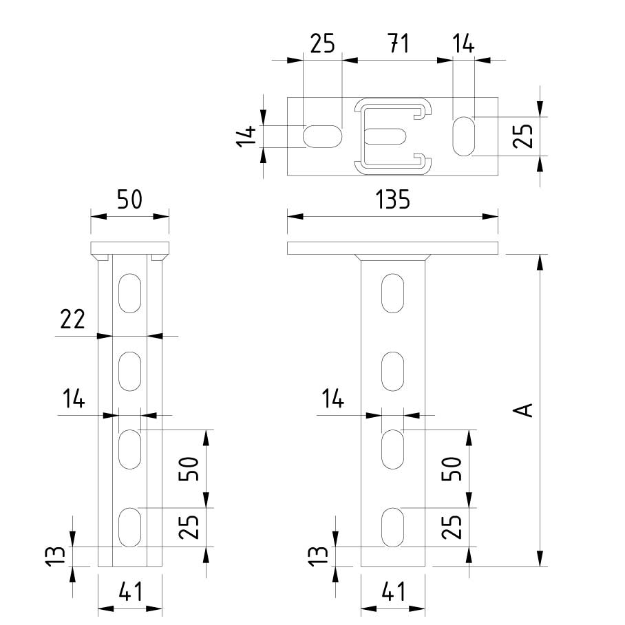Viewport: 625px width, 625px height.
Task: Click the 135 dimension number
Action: coord(392,200)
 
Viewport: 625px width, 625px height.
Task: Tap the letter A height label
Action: coord(525,410)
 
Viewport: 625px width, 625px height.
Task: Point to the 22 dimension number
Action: coord(73,319)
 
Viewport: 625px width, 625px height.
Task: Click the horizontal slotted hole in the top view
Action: coord(323,136)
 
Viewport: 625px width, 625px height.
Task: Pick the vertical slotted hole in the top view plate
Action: coord(465,136)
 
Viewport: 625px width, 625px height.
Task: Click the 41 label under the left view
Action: coord(129,591)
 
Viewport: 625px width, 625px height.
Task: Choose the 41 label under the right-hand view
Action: coord(392,591)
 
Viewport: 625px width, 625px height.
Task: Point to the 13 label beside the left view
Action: coord(59,555)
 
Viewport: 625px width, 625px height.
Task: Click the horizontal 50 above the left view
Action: coord(129,200)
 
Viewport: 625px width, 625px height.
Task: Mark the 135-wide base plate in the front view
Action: coord(392,248)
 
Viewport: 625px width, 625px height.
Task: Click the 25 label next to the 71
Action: coord(322,44)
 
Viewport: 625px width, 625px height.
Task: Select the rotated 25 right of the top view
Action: coord(525,136)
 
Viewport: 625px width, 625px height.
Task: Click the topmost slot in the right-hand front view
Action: coord(393,291)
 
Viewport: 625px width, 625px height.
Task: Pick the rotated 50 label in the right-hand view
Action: coord(451,469)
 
